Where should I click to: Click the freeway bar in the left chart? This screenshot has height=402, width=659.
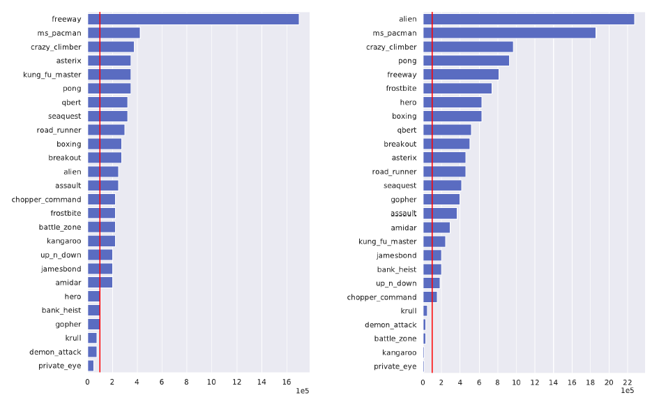(x=193, y=20)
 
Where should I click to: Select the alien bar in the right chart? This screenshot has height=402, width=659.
(x=528, y=20)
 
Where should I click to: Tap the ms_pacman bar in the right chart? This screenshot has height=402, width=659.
(x=509, y=33)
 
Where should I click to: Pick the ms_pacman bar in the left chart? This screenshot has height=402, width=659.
(x=114, y=33)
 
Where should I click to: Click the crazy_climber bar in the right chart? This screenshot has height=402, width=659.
(x=468, y=47)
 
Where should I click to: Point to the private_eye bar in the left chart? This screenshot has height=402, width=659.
(x=91, y=366)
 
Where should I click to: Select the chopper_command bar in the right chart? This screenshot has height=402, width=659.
(x=430, y=297)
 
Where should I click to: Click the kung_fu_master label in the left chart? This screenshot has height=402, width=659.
(x=52, y=75)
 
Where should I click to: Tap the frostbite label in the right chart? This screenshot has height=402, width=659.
(x=401, y=89)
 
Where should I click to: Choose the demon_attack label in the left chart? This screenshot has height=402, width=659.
(x=55, y=352)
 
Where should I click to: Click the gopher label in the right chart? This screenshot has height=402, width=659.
(x=404, y=200)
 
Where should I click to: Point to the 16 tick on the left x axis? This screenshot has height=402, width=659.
(x=286, y=382)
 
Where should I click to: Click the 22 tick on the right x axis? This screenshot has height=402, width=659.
(x=628, y=382)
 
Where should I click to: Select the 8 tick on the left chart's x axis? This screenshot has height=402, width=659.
(x=187, y=382)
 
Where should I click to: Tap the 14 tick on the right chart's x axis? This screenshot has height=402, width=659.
(x=553, y=382)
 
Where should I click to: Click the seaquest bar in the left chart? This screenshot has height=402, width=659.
(x=107, y=116)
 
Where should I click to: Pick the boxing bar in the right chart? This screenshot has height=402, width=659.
(x=452, y=116)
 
